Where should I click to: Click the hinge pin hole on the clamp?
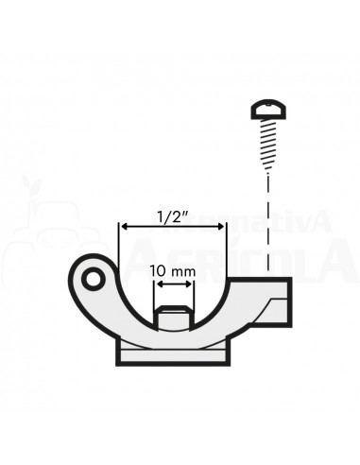(91, 281)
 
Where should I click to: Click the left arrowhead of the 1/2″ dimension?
(123, 227)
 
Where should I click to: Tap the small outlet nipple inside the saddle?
(172, 319)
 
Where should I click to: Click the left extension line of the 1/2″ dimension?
(119, 250)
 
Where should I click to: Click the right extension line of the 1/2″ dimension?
(226, 250)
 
